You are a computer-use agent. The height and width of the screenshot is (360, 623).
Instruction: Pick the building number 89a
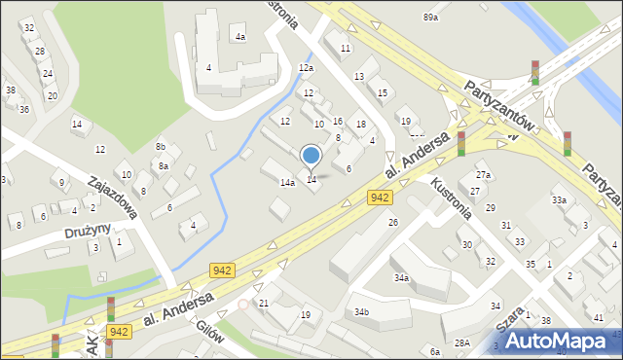click(430, 18)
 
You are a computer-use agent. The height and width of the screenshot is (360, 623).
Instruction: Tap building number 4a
click(239, 36)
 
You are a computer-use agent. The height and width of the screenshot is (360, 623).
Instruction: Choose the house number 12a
click(306, 68)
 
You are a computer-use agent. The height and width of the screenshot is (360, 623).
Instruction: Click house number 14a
click(287, 182)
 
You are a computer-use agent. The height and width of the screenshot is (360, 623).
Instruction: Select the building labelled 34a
click(401, 278)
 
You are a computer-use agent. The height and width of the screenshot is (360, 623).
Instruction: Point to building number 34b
click(362, 312)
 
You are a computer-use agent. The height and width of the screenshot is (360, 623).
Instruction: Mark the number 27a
click(483, 175)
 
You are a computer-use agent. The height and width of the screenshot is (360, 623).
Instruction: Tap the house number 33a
click(559, 199)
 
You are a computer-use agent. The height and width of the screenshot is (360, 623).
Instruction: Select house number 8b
click(161, 146)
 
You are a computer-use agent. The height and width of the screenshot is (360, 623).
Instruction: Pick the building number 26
click(393, 223)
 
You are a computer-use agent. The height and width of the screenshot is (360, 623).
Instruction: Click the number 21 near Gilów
click(264, 304)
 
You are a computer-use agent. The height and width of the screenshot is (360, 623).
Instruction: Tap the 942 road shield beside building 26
click(381, 198)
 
